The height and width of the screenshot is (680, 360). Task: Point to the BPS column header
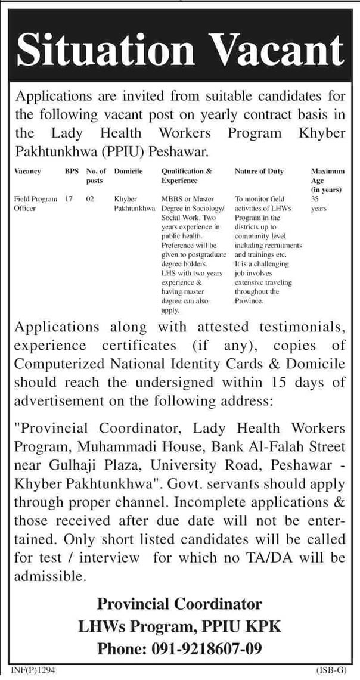[x=71, y=171]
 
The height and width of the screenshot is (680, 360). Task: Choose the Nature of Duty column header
[x=259, y=171]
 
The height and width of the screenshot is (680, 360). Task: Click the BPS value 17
[x=69, y=198]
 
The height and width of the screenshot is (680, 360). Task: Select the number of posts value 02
[x=89, y=198]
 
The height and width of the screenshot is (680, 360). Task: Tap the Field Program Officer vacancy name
[x=35, y=204]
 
